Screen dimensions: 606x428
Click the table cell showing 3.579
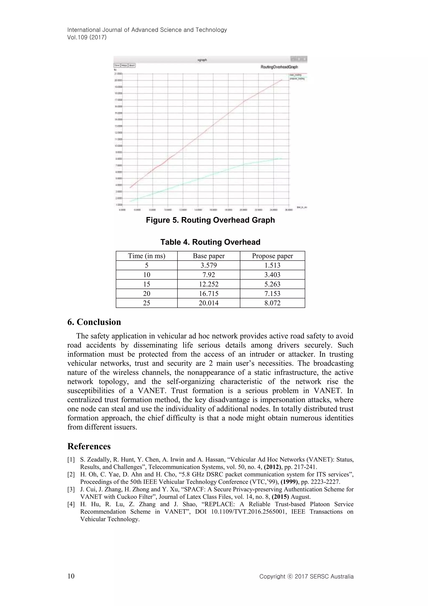pyautogui.click(x=209, y=265)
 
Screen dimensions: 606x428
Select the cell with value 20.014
pyautogui.click(x=209, y=303)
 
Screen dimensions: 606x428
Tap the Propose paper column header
pyautogui.click(x=272, y=256)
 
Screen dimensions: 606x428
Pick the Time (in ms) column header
pyautogui.click(x=146, y=256)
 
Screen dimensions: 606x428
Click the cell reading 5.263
pyautogui.click(x=272, y=284)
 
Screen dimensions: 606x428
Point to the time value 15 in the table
pyautogui.click(x=146, y=284)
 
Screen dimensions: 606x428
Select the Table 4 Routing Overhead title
pyautogui.click(x=210, y=242)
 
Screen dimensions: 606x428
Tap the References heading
pyautogui.click(x=89, y=446)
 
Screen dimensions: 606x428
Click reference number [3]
pyautogui.click(x=71, y=489)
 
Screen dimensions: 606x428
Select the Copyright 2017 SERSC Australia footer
pyautogui.click(x=306, y=576)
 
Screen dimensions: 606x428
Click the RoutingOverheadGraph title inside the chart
pyautogui.click(x=279, y=67)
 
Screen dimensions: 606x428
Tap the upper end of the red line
pyautogui.click(x=282, y=80)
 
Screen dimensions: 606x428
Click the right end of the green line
pyautogui.click(x=282, y=159)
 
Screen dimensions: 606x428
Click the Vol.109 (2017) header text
pyautogui.click(x=87, y=37)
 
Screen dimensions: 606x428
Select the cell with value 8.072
pyautogui.click(x=272, y=303)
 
